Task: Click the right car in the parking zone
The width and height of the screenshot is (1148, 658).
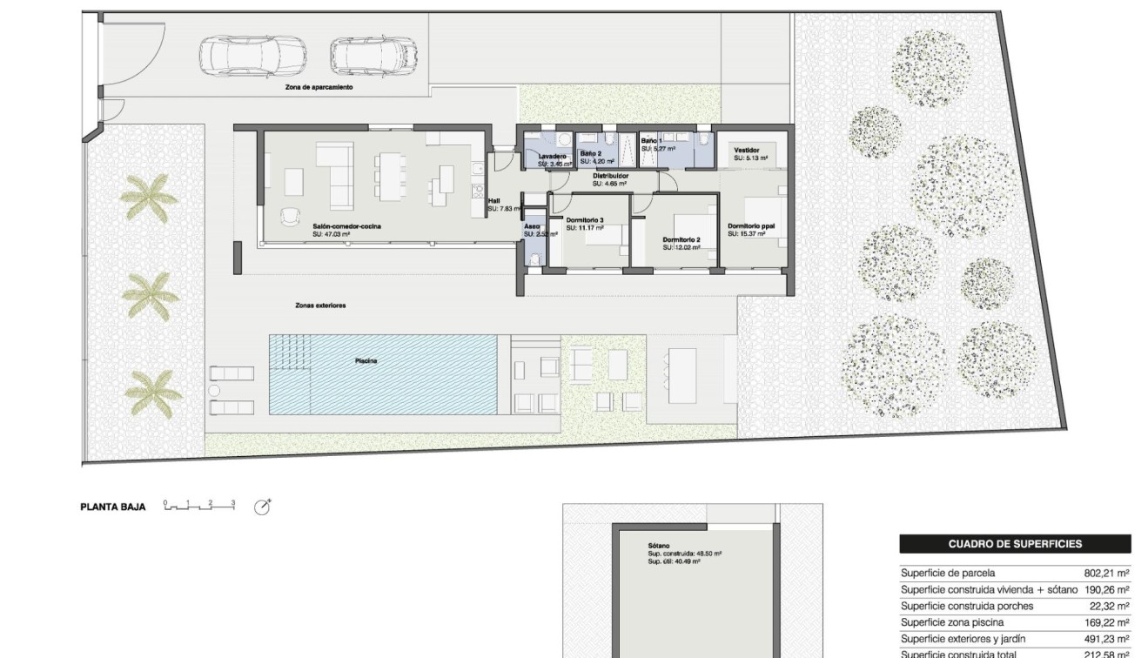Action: [374, 57]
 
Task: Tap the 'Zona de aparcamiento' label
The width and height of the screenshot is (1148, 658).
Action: [319, 87]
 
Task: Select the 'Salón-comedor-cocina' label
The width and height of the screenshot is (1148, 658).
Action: [347, 226]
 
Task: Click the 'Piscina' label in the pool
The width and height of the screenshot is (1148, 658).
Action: [366, 361]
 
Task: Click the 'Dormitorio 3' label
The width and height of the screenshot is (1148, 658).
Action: [585, 220]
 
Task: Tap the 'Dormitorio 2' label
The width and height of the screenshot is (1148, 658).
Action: [681, 240]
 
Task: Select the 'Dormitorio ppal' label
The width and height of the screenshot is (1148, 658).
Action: [751, 226]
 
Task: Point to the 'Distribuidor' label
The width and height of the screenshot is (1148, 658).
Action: [611, 176]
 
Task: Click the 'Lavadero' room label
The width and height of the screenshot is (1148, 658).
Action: [552, 157]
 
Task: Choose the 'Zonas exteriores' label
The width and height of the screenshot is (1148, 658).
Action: [320, 305]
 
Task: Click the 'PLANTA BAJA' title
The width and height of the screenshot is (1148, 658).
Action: [113, 507]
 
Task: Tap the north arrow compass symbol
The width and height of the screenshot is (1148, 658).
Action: [262, 507]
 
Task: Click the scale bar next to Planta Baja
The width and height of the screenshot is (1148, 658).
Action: [199, 506]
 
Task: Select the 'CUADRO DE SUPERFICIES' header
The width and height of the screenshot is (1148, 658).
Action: [1015, 544]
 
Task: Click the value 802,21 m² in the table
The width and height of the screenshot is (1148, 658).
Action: [1106, 574]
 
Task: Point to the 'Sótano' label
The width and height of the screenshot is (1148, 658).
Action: [658, 547]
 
